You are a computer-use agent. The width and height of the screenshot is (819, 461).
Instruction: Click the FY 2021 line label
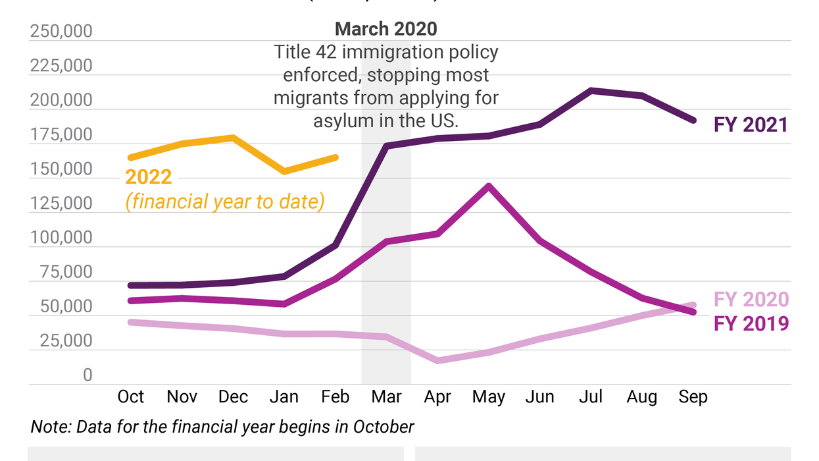(x=751, y=124)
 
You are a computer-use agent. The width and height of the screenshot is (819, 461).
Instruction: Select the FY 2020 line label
(x=751, y=300)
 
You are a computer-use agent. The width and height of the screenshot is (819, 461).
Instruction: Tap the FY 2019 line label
(x=751, y=323)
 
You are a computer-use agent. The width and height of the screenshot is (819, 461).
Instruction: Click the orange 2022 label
(x=149, y=177)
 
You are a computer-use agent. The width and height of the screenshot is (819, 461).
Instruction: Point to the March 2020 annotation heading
(x=385, y=28)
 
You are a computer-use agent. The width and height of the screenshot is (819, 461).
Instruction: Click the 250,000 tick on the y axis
(x=61, y=32)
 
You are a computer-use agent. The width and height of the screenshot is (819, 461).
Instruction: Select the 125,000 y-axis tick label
(x=61, y=203)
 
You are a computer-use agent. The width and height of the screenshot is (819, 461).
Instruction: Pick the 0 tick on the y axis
(x=87, y=375)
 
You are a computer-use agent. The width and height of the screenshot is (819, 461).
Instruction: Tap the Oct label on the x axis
(x=131, y=396)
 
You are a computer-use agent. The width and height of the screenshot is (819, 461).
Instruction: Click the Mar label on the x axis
(x=386, y=396)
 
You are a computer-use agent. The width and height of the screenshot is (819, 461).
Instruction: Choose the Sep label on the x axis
(x=693, y=396)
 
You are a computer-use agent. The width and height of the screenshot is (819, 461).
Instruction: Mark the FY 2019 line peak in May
(x=488, y=186)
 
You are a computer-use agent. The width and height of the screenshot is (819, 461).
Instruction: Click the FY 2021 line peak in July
(x=591, y=90)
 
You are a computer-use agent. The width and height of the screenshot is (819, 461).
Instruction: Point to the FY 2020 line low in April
(x=437, y=360)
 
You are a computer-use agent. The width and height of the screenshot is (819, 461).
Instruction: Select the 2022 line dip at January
(x=284, y=171)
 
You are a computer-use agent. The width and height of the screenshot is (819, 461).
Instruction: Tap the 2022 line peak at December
(x=233, y=138)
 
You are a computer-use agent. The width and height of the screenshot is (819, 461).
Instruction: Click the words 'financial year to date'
(x=225, y=201)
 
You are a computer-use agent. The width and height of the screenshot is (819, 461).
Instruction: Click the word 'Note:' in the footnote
(x=51, y=427)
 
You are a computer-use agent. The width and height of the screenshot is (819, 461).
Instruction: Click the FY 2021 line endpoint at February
(x=335, y=245)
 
